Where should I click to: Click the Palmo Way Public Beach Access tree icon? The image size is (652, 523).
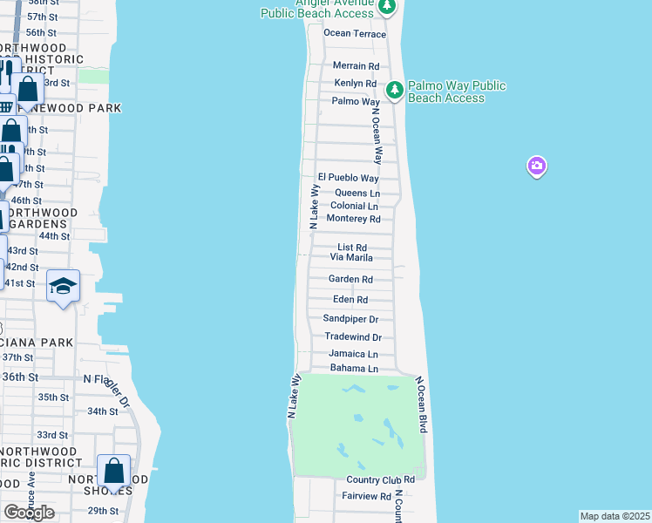(x=395, y=89)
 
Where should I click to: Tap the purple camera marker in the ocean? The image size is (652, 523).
(x=537, y=165)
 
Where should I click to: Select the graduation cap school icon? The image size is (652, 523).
(x=64, y=287)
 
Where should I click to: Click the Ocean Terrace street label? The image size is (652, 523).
(x=355, y=33)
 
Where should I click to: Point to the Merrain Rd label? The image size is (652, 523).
(x=357, y=66)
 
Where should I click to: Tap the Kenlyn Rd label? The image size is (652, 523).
(x=356, y=84)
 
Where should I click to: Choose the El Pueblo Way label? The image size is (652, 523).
(x=348, y=178)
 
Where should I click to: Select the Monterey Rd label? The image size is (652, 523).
(x=353, y=219)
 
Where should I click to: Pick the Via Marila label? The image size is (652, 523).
(x=351, y=258)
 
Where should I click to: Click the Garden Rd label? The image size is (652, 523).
(x=350, y=280)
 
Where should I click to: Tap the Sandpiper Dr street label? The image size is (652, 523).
(x=350, y=320)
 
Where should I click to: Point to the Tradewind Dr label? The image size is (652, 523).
(x=353, y=337)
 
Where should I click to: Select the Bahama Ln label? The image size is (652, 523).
(x=353, y=369)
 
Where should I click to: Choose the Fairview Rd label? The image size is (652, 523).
(x=367, y=496)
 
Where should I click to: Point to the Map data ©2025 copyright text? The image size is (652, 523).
(x=615, y=516)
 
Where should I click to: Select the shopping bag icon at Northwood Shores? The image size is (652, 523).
(x=114, y=472)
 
